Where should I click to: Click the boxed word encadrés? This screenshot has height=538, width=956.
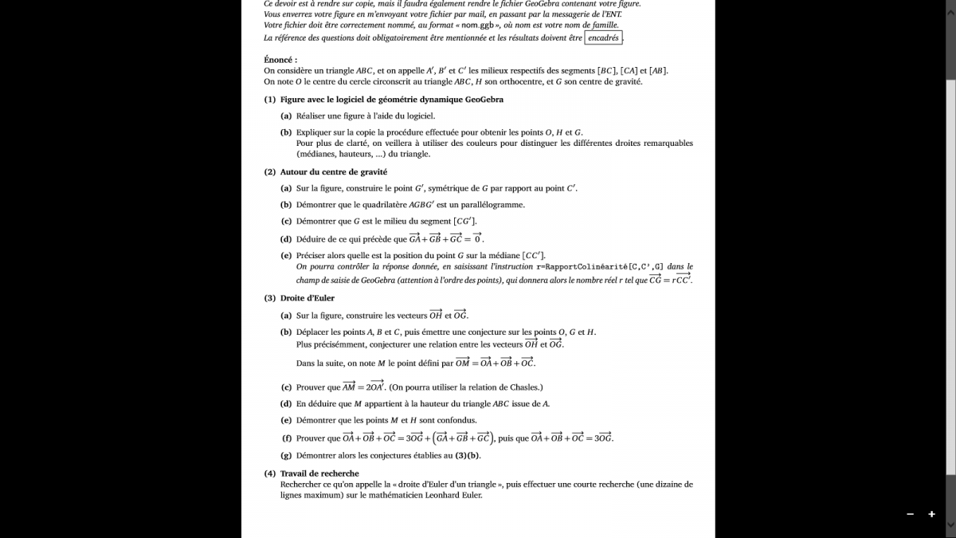[x=603, y=37]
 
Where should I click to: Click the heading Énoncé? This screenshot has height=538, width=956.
[x=280, y=60]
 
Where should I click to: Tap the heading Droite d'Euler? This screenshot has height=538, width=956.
[x=308, y=298]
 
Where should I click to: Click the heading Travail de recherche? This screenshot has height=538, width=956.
[x=319, y=473]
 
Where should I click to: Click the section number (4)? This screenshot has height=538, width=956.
[x=270, y=473]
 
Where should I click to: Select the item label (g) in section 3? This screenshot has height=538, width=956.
[x=286, y=456]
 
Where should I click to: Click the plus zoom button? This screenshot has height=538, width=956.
[x=931, y=515]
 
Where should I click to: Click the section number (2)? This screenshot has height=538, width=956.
[x=270, y=171]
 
